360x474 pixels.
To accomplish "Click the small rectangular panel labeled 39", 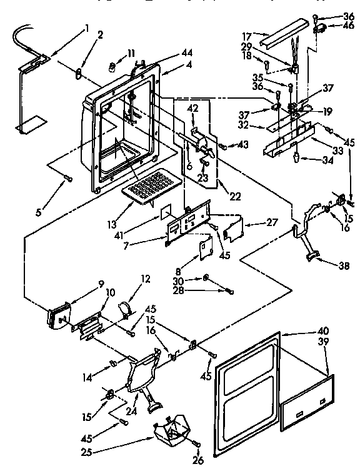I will coord(307,402).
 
